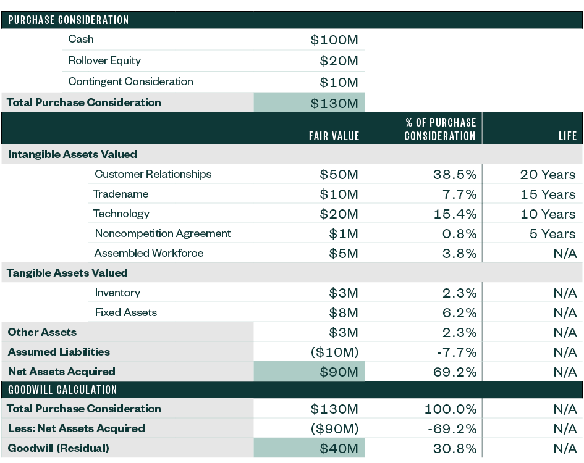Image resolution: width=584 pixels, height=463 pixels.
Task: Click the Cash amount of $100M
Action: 334,40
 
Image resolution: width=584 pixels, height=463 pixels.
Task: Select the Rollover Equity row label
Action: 104,60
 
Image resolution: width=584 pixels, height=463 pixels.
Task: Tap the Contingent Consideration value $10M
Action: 339,83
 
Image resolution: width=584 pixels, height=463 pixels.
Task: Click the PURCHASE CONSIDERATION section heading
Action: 68,20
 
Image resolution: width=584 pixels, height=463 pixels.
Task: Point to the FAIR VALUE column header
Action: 334,136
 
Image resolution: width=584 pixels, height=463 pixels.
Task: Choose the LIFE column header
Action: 567,136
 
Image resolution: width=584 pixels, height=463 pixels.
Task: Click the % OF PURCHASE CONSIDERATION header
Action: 440,129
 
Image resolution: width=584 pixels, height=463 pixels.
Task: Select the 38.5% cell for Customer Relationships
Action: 454,175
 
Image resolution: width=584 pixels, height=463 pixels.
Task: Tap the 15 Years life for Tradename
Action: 548,194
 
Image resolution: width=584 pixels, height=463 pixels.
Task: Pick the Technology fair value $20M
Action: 339,214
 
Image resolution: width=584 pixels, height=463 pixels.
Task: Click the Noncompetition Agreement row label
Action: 163,233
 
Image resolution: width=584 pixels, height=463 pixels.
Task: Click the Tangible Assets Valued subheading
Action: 67,273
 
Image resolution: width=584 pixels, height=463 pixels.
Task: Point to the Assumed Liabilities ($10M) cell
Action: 334,352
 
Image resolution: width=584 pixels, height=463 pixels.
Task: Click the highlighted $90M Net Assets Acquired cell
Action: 339,372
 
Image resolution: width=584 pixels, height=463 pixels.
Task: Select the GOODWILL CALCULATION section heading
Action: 62,390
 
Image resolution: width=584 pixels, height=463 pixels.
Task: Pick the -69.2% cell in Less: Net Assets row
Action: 452,429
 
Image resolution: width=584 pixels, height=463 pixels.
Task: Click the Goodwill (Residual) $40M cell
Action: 339,449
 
